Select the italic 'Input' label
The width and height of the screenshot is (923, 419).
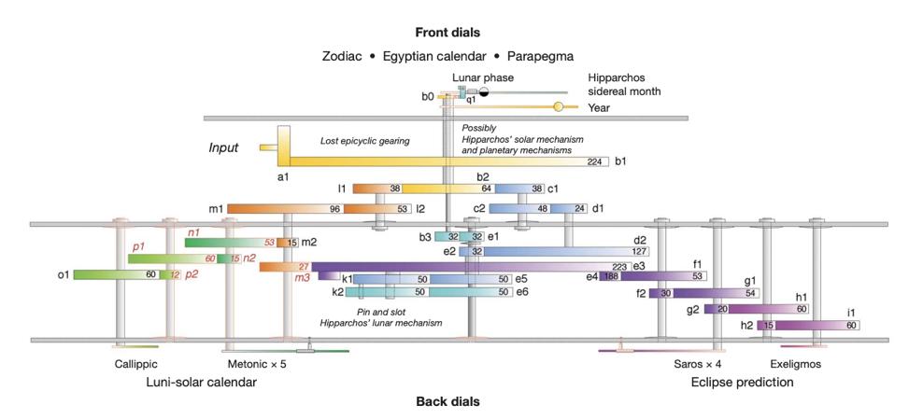223,147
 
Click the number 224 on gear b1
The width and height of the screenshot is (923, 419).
594,161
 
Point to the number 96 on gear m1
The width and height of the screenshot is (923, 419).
334,208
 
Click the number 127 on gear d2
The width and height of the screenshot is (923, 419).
640,251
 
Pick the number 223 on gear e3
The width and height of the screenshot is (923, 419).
619,267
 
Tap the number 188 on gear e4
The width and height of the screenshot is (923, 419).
612,276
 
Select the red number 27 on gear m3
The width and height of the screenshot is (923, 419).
303,267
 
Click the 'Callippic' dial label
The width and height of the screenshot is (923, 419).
136,364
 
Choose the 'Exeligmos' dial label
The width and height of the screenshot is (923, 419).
795,364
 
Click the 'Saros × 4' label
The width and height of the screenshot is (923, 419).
697,364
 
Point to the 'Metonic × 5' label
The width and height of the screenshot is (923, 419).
257,364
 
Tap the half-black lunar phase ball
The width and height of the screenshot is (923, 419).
484,91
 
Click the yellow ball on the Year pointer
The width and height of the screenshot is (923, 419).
559,107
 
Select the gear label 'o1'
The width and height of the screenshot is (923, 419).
64,274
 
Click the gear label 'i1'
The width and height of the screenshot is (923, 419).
851,312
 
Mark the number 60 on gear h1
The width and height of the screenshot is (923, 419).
801,309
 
